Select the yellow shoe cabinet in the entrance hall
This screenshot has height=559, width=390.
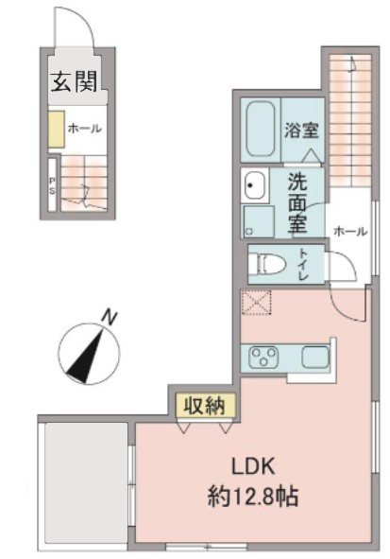[57, 131]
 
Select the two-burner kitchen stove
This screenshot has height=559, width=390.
[262, 357]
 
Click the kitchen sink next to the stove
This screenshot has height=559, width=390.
[314, 357]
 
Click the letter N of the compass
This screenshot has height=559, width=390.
[110, 318]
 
